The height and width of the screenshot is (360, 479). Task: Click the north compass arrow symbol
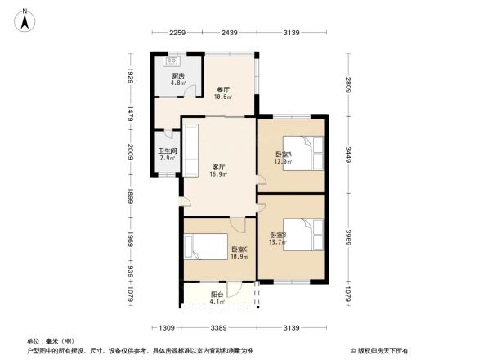point(25,20)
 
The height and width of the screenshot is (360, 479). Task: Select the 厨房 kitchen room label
point(177,75)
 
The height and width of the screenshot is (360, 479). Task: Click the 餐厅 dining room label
point(222,90)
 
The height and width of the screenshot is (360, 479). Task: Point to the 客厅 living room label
point(219,167)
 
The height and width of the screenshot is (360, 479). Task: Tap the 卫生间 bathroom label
point(167,151)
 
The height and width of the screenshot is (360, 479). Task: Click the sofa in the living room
point(190,149)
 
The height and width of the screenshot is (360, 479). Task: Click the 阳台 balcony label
point(217,295)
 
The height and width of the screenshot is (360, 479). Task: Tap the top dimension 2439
point(228,33)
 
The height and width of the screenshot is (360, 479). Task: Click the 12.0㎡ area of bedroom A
point(283,161)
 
